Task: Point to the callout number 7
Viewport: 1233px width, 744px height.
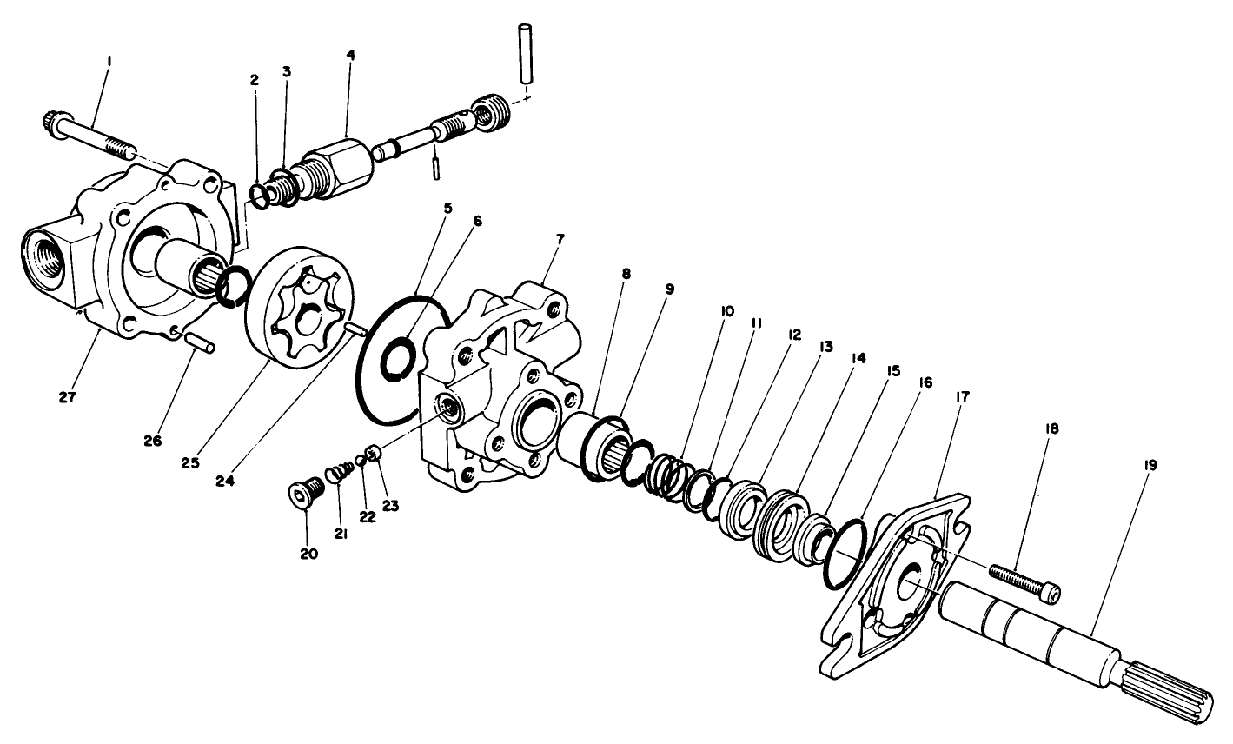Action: [559, 238]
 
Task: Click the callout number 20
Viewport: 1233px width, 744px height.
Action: [308, 553]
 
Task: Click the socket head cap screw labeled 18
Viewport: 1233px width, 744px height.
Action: [1025, 582]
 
